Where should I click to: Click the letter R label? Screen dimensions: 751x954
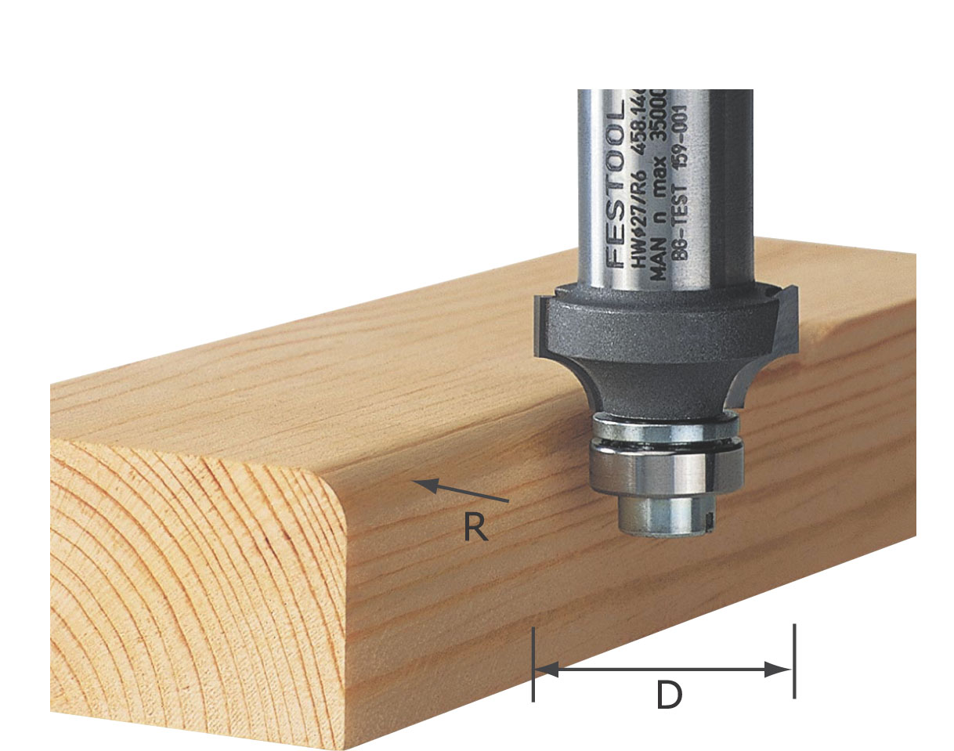(475, 528)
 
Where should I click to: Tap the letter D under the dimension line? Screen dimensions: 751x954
(668, 696)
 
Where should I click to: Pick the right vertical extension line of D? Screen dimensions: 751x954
(794, 661)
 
